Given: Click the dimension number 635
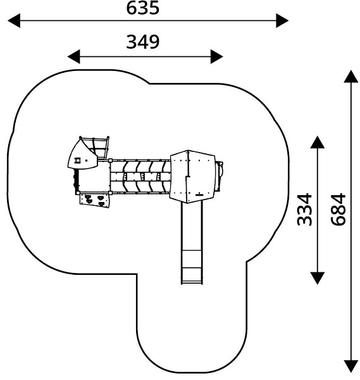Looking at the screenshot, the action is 143,8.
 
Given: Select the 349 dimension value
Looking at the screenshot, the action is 143,42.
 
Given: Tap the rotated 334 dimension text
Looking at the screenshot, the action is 304,210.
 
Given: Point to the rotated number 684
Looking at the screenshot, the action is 338,210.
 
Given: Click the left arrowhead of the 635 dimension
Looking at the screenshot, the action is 14,21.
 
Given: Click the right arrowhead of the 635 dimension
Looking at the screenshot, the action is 282,21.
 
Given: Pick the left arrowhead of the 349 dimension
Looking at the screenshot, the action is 73,57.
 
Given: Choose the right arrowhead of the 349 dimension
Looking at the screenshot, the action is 217,57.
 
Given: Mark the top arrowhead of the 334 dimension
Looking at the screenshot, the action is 317,142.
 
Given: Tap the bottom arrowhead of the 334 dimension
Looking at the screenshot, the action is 317,278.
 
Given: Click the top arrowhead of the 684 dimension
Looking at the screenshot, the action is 351,77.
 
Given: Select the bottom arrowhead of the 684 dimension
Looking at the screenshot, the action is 351,367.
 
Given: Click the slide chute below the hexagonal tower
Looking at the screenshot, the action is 192,243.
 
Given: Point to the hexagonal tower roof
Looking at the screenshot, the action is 193,177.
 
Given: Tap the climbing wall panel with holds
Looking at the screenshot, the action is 95,200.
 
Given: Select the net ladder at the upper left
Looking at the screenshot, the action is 99,148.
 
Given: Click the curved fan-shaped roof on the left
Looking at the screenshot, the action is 82,155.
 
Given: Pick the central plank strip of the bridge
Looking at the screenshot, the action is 140,176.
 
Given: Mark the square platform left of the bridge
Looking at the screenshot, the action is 94,177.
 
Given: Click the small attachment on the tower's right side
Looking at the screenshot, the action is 220,176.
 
